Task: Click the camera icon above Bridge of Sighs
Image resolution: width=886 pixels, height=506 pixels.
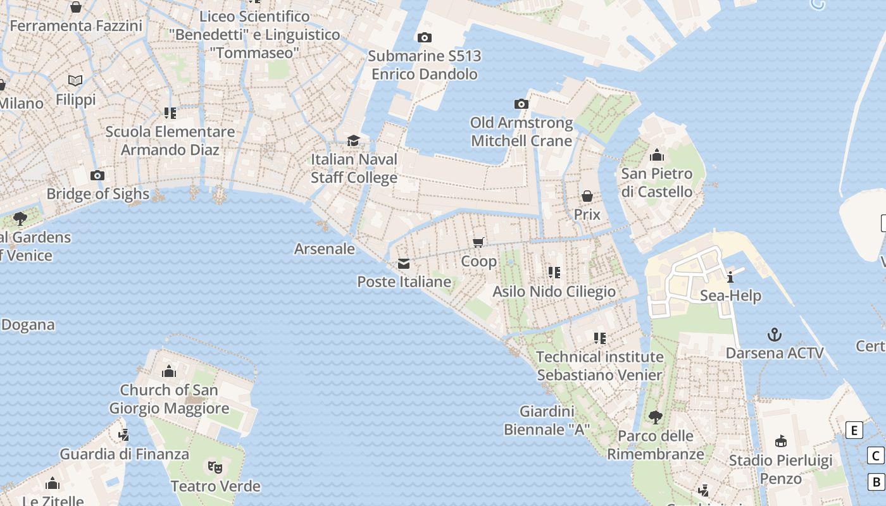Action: pyautogui.click(x=97, y=175)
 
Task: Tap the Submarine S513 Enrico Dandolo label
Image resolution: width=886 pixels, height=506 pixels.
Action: pyautogui.click(x=425, y=65)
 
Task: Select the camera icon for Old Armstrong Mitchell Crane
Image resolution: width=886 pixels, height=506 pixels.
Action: pyautogui.click(x=521, y=104)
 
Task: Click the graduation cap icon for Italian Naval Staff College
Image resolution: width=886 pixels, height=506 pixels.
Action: pyautogui.click(x=353, y=140)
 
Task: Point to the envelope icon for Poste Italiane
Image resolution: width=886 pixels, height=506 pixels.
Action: pyautogui.click(x=404, y=264)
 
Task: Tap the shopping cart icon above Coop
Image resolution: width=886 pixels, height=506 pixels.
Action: pyautogui.click(x=478, y=242)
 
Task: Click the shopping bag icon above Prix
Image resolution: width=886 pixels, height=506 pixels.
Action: pyautogui.click(x=587, y=196)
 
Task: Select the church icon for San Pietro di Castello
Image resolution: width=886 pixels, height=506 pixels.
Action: pyautogui.click(x=656, y=155)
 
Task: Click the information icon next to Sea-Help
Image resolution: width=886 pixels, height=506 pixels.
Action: pyautogui.click(x=730, y=276)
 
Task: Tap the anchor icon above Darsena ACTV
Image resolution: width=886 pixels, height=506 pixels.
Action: pyautogui.click(x=774, y=334)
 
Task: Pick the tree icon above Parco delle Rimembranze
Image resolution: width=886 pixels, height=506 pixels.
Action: pyautogui.click(x=655, y=417)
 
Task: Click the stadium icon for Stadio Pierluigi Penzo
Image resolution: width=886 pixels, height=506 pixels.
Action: pyautogui.click(x=780, y=441)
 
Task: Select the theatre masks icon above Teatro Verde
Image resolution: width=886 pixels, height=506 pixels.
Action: pyautogui.click(x=215, y=467)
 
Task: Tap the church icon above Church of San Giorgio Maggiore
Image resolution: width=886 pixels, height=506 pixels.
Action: pyautogui.click(x=168, y=371)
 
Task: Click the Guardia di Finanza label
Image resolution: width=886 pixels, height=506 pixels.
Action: pyautogui.click(x=125, y=454)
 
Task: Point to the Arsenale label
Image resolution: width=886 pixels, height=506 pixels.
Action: pyautogui.click(x=325, y=249)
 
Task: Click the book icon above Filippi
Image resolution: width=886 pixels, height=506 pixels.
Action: pyautogui.click(x=75, y=81)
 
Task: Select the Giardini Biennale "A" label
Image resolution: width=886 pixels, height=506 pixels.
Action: pyautogui.click(x=547, y=421)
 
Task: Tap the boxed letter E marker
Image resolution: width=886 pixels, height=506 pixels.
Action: pyautogui.click(x=854, y=431)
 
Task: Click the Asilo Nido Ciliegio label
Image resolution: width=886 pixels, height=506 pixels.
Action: pyautogui.click(x=554, y=292)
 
